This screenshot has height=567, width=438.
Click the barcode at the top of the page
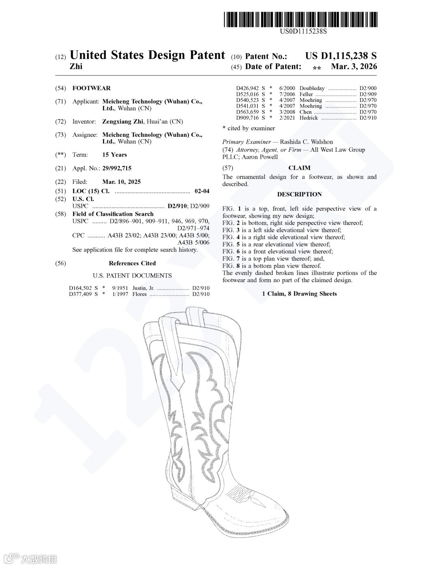(300, 19)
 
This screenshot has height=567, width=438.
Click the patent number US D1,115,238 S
(341, 56)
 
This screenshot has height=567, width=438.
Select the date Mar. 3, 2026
(354, 67)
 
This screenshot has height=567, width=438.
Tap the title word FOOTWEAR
(91, 88)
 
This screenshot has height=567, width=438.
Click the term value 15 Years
(114, 155)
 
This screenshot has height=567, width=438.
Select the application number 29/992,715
(117, 168)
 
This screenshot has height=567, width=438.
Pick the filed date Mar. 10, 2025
(121, 182)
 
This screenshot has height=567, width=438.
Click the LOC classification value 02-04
(202, 191)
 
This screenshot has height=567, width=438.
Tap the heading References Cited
(132, 263)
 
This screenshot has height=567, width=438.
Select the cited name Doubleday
(312, 88)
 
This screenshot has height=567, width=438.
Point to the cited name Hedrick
(309, 118)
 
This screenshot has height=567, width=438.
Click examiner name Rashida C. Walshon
(306, 142)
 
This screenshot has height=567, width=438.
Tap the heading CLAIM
(299, 168)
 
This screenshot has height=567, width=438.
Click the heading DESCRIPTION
(299, 194)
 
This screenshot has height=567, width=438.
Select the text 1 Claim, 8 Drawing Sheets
(299, 294)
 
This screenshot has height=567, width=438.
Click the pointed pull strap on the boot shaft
(174, 349)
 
